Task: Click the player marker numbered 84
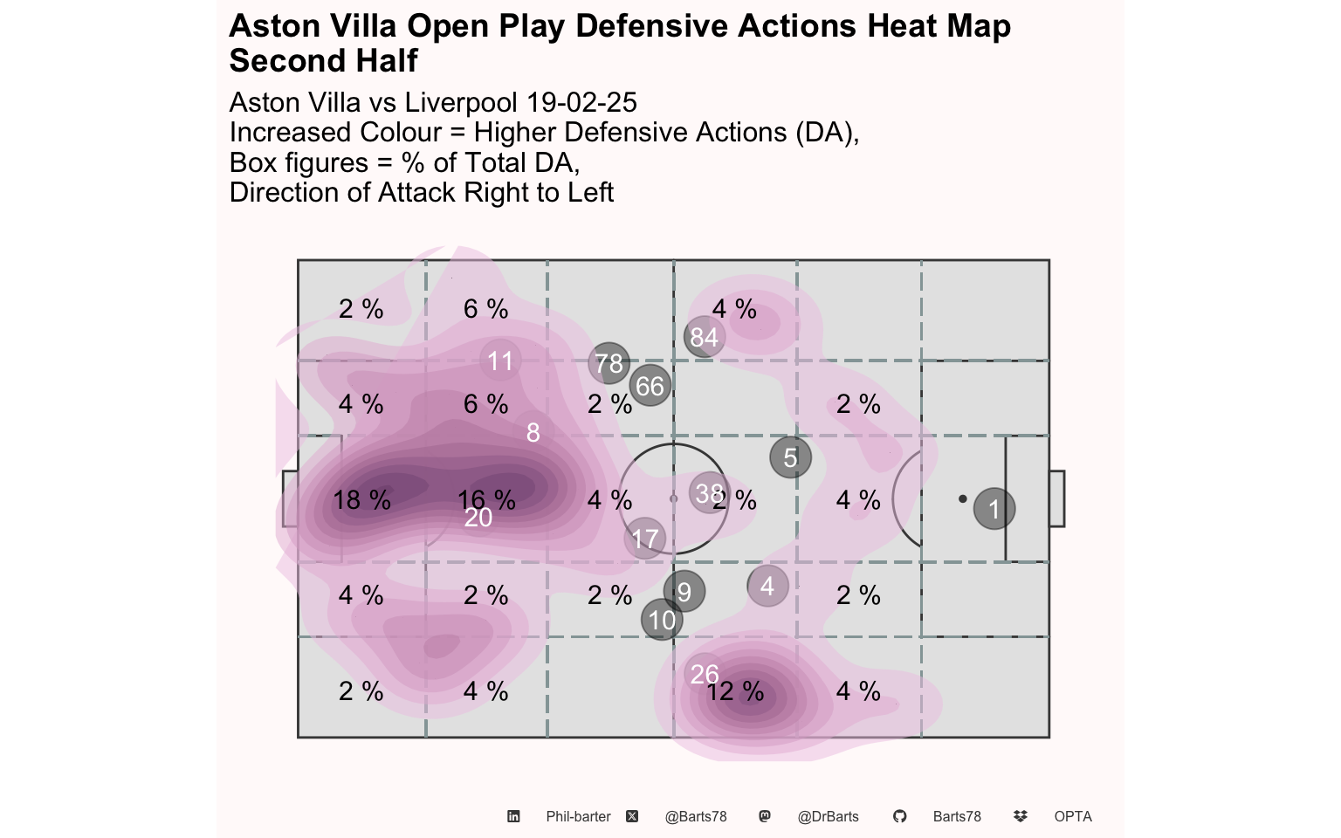click(x=705, y=336)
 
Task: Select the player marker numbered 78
click(x=609, y=363)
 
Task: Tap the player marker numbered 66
click(x=650, y=386)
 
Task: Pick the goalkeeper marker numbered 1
click(x=994, y=509)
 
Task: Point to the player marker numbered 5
click(x=790, y=457)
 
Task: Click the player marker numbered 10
click(x=662, y=620)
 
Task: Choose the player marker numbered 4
click(x=767, y=586)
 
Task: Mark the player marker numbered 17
click(x=645, y=539)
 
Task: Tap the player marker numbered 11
click(x=500, y=361)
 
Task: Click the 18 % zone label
click(x=361, y=500)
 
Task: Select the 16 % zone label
click(x=486, y=500)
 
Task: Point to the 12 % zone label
click(x=735, y=691)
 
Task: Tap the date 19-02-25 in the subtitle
click(x=581, y=102)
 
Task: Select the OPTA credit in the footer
click(x=1073, y=816)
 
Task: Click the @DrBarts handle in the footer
click(x=828, y=816)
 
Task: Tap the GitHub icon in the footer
click(x=899, y=816)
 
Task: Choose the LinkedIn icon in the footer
click(x=513, y=816)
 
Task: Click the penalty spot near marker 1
click(x=962, y=498)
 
